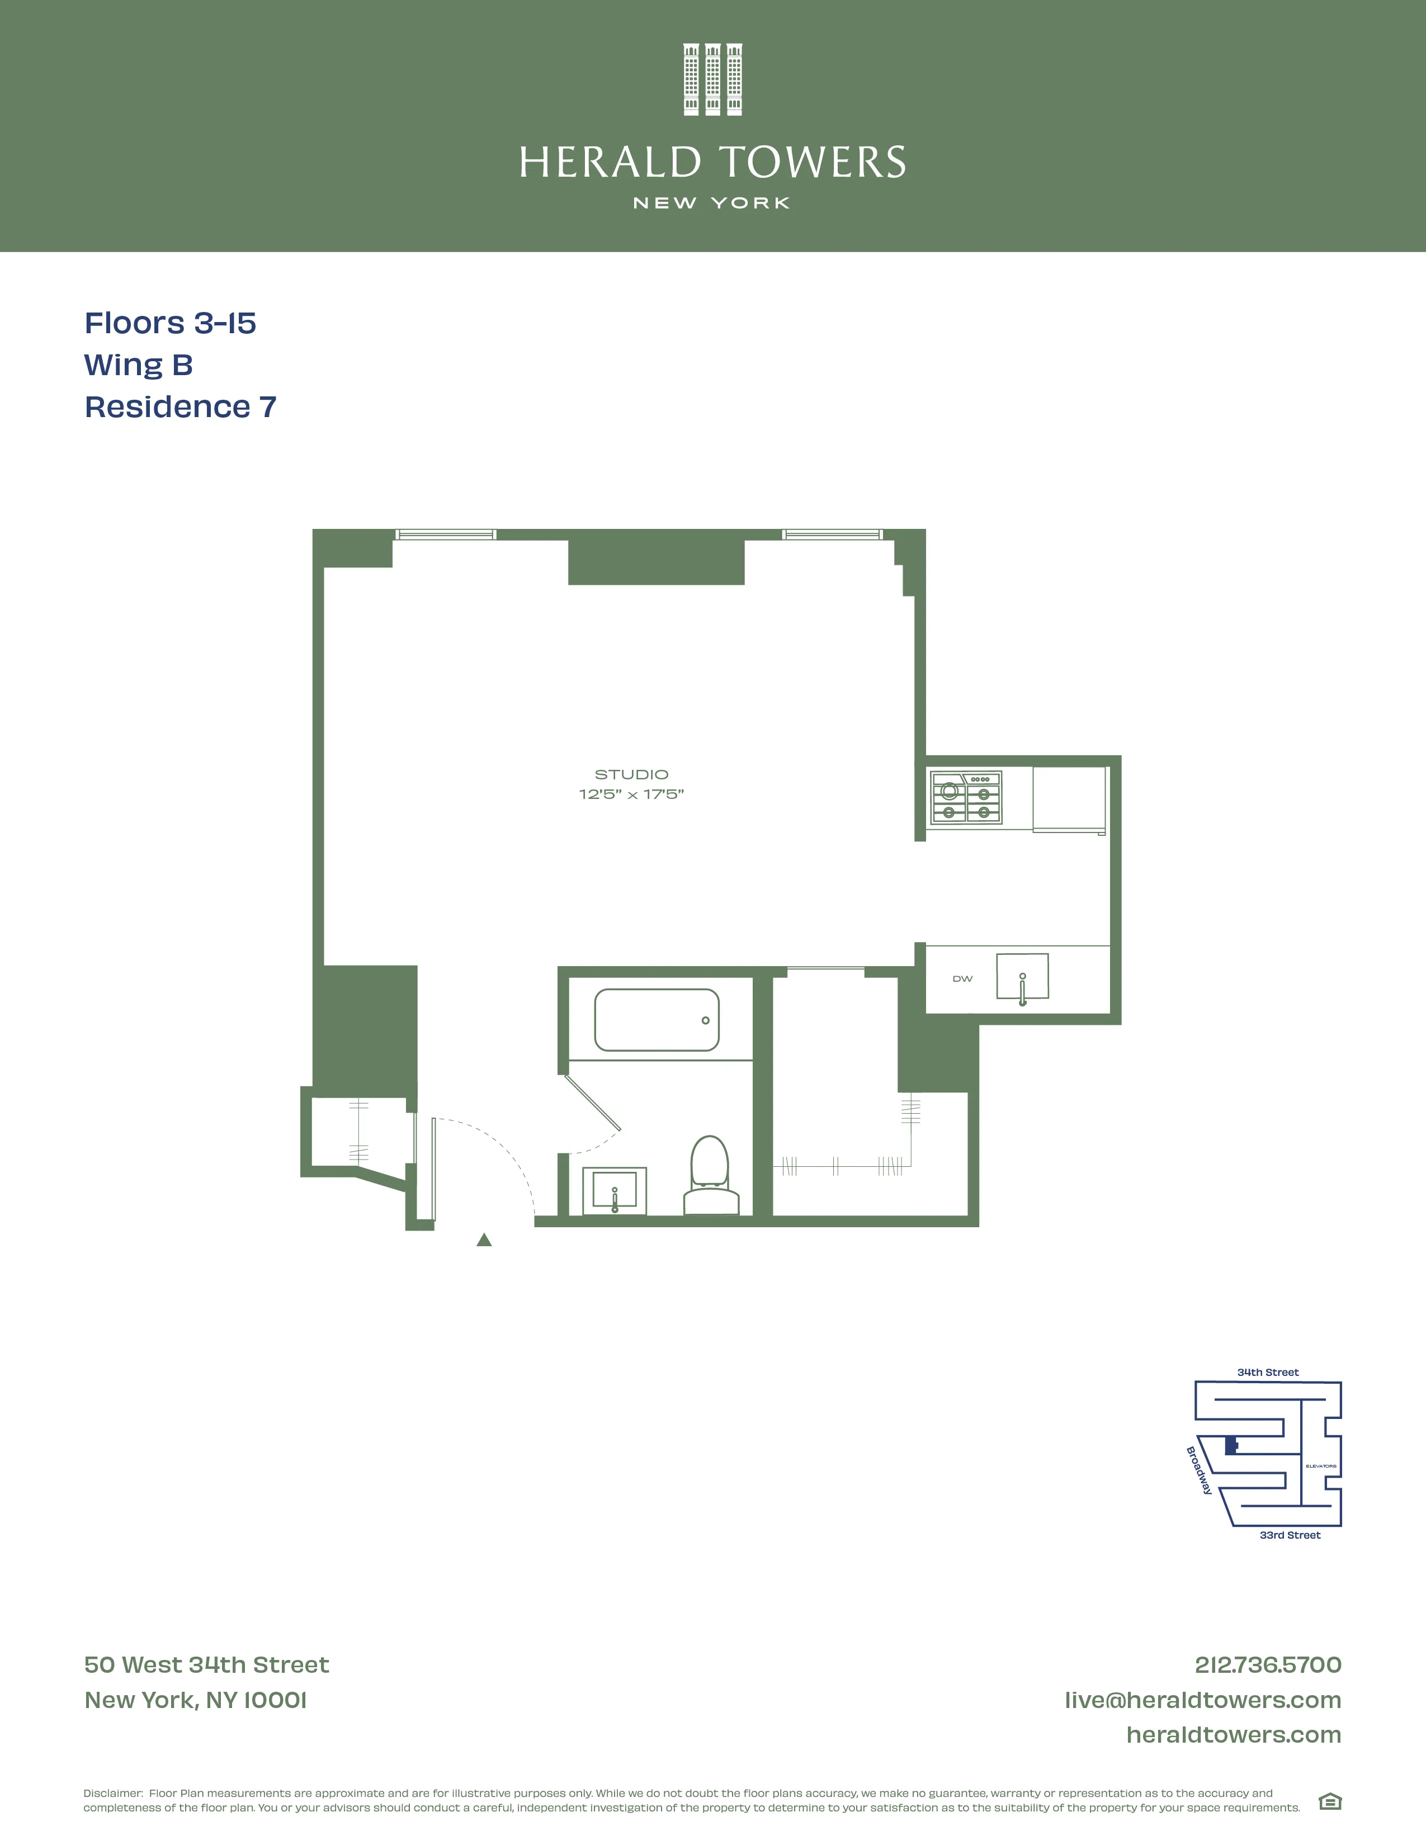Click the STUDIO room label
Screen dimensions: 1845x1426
[631, 774]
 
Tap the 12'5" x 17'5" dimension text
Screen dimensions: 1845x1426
[631, 794]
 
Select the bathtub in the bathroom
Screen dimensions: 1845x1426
[657, 1020]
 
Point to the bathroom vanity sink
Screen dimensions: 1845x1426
[614, 1191]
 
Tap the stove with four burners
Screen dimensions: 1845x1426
[966, 797]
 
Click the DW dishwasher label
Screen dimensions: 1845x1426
[962, 978]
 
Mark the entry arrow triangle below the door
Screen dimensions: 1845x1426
[484, 1240]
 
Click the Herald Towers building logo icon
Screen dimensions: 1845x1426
[712, 79]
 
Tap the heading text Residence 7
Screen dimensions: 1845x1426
[180, 407]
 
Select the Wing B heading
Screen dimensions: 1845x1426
[139, 365]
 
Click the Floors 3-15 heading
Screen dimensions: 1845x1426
[170, 323]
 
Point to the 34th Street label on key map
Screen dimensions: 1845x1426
[1267, 1372]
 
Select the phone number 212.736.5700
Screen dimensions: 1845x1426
[1267, 1665]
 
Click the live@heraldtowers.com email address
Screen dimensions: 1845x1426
[1202, 1700]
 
